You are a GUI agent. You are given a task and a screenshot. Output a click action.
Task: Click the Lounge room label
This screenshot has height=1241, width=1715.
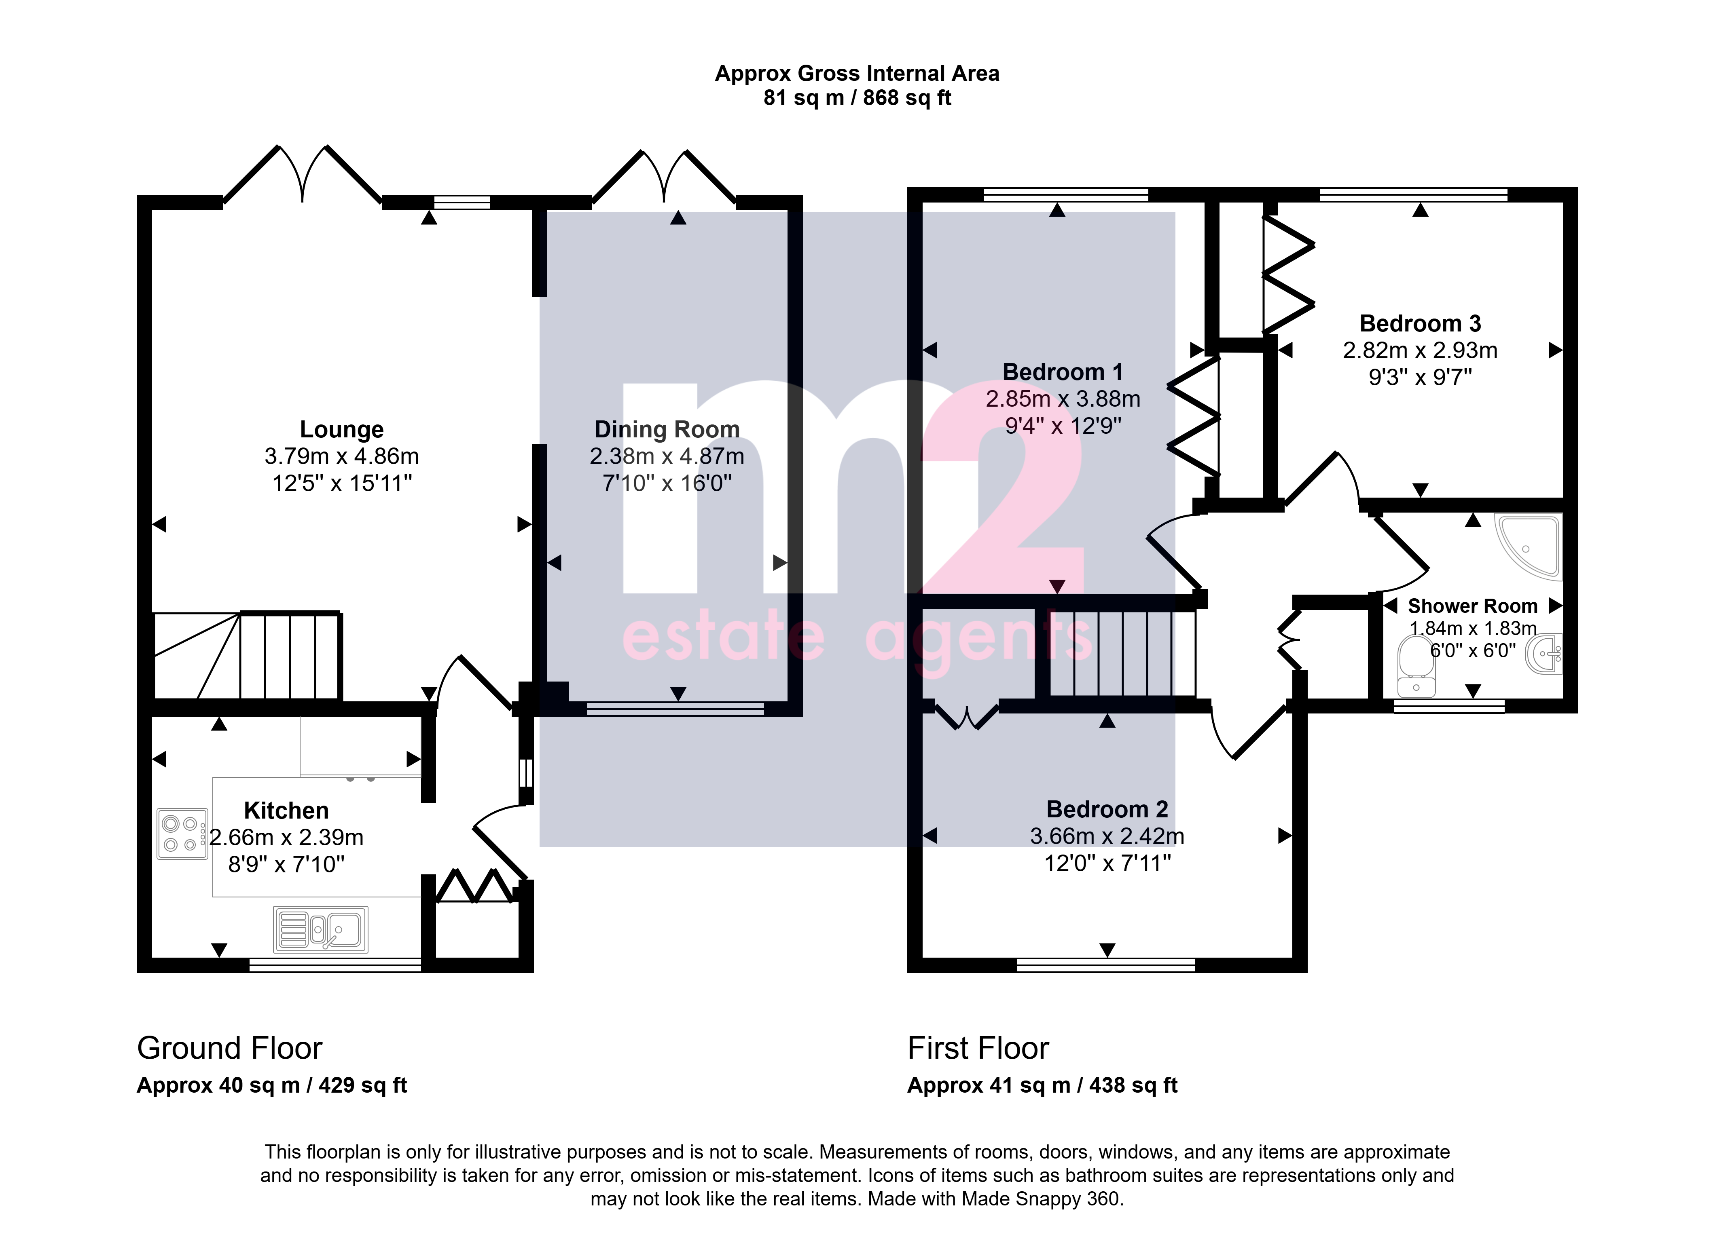[x=342, y=429]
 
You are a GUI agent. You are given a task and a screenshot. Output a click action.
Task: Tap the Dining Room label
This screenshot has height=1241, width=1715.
[x=667, y=429]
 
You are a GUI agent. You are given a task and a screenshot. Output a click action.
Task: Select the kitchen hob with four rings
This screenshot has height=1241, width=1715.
[x=182, y=834]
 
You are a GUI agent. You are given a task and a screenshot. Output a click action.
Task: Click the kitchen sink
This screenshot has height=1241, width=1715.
[x=321, y=929]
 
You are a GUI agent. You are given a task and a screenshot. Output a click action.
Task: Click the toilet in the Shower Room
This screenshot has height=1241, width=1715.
[x=1416, y=665]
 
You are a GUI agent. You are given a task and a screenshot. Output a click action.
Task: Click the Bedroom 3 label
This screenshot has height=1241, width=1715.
[x=1420, y=323]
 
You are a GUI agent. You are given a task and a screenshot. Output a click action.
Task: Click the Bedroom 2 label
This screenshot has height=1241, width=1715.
[x=1107, y=809]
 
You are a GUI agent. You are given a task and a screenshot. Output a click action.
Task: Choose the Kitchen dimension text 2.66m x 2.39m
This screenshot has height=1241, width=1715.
[x=287, y=838]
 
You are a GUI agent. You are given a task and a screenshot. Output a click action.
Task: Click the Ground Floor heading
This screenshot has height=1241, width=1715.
[x=230, y=1048]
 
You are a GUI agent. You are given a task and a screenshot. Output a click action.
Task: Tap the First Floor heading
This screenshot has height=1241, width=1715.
[x=978, y=1048]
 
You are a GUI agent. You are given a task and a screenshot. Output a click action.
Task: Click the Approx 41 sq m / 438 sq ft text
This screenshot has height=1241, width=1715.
[x=1043, y=1085]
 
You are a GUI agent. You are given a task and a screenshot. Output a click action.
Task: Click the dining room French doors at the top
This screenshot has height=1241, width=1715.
[x=664, y=177]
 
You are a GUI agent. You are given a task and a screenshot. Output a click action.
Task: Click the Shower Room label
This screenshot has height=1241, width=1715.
[x=1472, y=606]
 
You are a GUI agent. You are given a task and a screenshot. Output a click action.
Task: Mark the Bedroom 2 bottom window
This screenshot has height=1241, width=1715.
[x=1106, y=965]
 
